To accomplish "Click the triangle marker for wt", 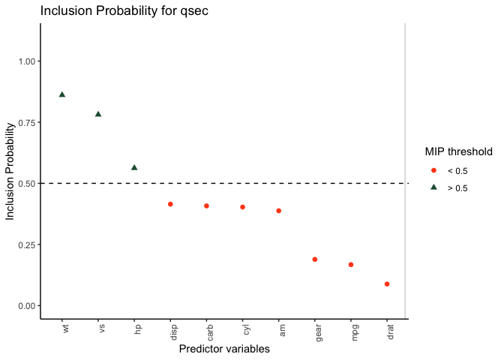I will [x=62, y=94].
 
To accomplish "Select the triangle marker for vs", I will [x=98, y=114].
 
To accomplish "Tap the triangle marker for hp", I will [x=134, y=167].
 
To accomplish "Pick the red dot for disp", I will [x=170, y=204].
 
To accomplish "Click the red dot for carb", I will [x=206, y=205].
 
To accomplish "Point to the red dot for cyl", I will [x=242, y=207].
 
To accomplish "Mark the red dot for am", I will [x=278, y=211].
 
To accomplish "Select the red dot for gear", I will [x=314, y=259].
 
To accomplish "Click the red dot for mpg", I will [x=350, y=265].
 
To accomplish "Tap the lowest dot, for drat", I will [x=387, y=284].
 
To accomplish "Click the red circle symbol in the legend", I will [x=433, y=171].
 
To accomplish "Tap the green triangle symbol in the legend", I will [x=433, y=187].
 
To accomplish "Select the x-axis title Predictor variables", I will [x=224, y=349].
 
